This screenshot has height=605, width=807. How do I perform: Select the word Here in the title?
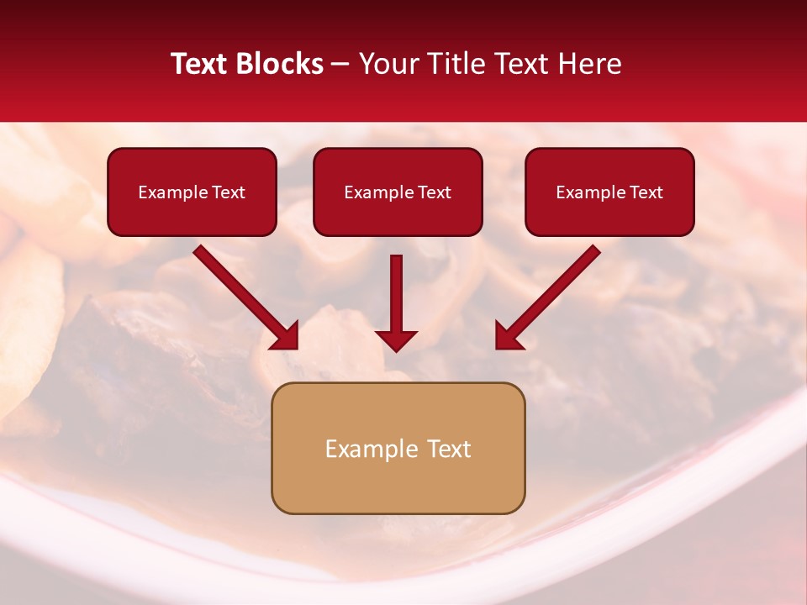coord(589,64)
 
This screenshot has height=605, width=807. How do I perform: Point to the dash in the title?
coord(340,65)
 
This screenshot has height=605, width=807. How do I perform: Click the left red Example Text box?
coord(192,192)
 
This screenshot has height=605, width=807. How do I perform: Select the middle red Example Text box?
coord(398,192)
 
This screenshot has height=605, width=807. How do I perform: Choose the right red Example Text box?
coord(609,192)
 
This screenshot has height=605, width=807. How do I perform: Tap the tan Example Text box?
coord(398,448)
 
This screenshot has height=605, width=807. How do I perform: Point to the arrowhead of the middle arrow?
coord(396,339)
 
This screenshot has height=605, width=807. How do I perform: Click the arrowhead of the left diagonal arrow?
coord(287,336)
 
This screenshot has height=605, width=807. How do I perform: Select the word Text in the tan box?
coord(448,449)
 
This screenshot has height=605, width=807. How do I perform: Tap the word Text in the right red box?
coord(646,192)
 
